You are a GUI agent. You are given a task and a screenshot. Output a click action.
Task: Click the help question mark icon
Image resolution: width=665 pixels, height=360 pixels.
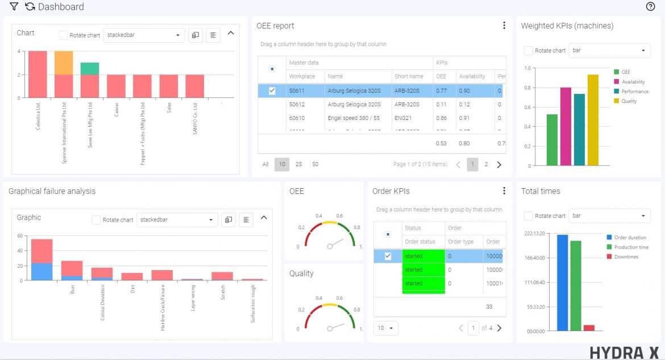click(x=651, y=7)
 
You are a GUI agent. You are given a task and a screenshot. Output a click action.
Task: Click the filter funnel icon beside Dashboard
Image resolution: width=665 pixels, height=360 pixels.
click(x=14, y=7)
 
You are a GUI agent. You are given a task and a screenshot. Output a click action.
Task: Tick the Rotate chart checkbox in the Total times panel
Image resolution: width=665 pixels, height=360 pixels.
click(x=529, y=216)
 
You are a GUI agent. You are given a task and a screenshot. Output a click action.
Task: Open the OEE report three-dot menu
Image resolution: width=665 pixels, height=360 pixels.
click(x=504, y=26)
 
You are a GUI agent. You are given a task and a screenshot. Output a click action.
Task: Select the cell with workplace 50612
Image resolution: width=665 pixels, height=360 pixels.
click(x=297, y=105)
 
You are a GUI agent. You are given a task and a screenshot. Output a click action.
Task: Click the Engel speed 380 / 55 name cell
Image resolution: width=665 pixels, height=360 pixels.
click(x=354, y=118)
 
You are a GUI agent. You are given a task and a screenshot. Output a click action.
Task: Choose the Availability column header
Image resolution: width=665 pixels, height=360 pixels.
click(x=472, y=77)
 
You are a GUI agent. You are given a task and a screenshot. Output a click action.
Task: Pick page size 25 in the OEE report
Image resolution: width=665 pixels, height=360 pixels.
click(x=298, y=164)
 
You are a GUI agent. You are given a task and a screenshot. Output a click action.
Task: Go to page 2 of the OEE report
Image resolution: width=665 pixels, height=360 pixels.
click(x=486, y=164)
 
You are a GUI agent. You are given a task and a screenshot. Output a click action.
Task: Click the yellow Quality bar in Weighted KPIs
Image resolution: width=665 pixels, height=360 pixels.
click(x=593, y=120)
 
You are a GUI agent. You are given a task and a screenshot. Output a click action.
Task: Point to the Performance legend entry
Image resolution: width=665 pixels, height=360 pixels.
click(x=633, y=92)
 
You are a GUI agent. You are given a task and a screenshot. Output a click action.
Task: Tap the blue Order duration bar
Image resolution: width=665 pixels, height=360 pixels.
click(x=562, y=283)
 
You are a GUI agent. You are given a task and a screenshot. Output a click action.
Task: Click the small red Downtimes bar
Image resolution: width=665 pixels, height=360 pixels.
click(x=589, y=328)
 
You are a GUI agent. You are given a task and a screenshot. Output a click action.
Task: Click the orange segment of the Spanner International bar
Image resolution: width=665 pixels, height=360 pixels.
click(x=64, y=63)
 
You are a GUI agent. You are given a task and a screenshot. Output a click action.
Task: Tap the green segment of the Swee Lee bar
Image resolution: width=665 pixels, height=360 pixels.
click(x=90, y=69)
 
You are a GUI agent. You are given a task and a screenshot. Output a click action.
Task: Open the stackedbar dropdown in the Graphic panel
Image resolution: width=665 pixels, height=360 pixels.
click(x=177, y=220)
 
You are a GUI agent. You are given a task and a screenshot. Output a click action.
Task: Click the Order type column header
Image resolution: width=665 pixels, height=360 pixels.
click(x=460, y=242)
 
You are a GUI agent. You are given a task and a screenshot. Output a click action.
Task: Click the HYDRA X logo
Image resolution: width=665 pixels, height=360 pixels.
click(x=624, y=353)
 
